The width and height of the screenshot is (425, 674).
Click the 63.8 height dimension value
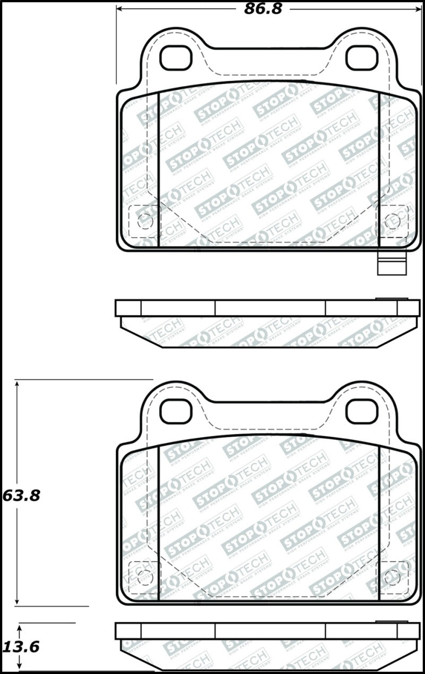(x=21, y=495)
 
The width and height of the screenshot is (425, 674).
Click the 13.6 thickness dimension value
(x=21, y=647)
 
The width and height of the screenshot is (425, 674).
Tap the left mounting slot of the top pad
(x=175, y=58)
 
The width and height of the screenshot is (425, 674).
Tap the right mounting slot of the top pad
(x=362, y=58)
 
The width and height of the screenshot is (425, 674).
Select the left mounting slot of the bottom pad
(x=175, y=411)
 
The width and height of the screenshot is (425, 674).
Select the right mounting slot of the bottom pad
(x=362, y=411)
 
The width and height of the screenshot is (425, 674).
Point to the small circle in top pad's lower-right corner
(x=393, y=220)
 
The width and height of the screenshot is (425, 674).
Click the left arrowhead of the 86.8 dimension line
(x=120, y=9)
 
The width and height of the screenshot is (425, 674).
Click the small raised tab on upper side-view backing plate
(x=391, y=298)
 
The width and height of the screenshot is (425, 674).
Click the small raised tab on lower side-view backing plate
(x=391, y=621)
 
